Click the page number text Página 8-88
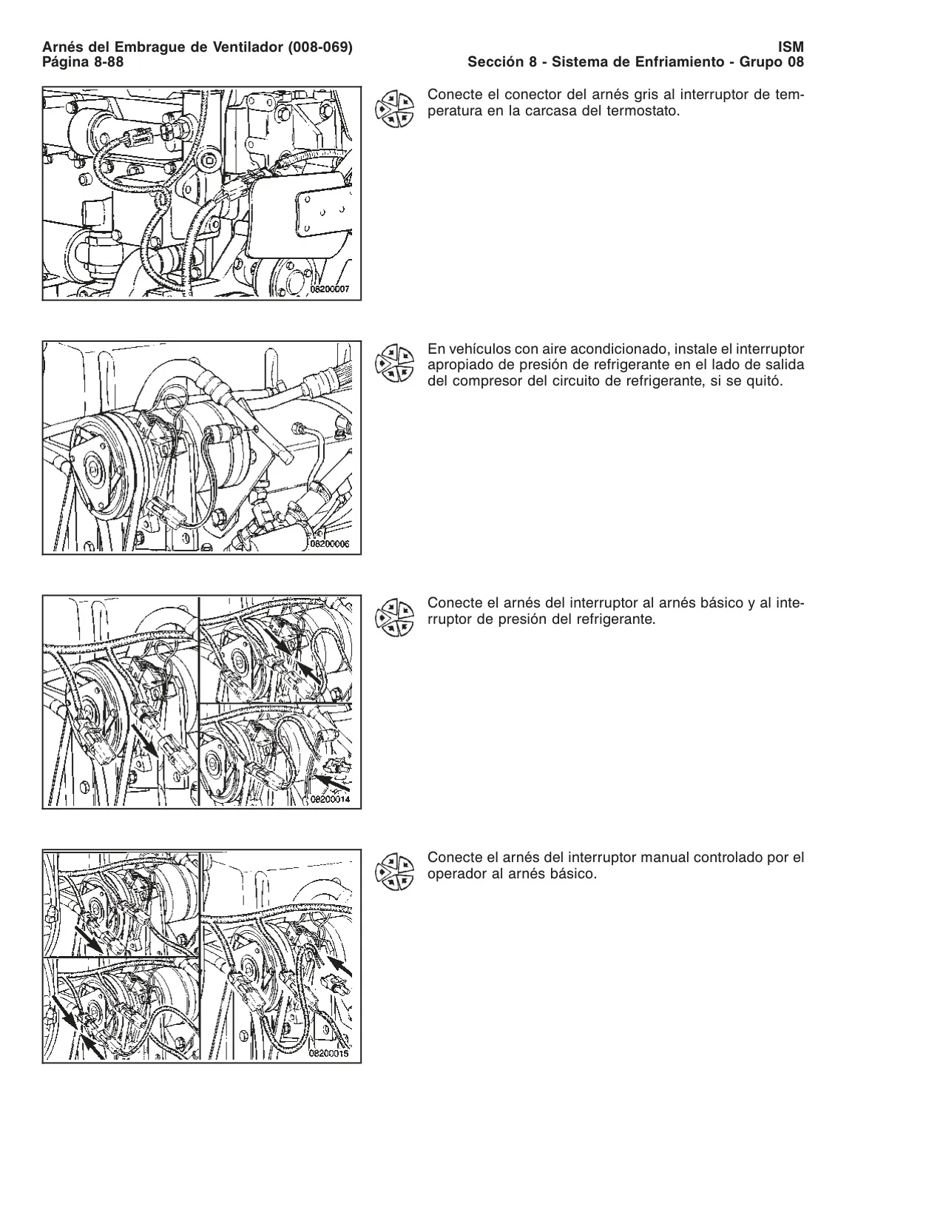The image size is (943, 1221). pyautogui.click(x=83, y=62)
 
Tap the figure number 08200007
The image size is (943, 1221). pyautogui.click(x=331, y=289)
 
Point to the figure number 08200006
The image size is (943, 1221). pyautogui.click(x=331, y=544)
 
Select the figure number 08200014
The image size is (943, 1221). pyautogui.click(x=331, y=799)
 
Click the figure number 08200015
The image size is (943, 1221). pyautogui.click(x=330, y=1054)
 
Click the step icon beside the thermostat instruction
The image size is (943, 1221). pyautogui.click(x=395, y=109)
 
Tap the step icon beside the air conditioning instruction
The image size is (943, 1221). pyautogui.click(x=395, y=363)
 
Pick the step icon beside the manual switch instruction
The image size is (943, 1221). pyautogui.click(x=395, y=872)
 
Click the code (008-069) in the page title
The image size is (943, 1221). pyautogui.click(x=320, y=47)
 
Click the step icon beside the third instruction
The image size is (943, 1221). pyautogui.click(x=395, y=617)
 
